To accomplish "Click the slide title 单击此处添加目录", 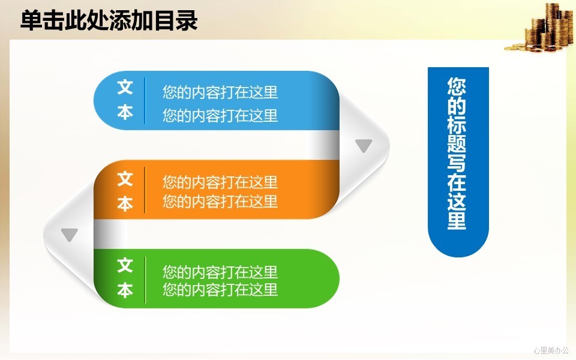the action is click(109, 20).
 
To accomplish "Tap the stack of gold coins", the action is click(540, 28).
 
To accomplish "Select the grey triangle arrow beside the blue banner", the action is click(364, 145).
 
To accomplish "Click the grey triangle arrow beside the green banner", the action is click(70, 235).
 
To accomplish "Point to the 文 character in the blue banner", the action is click(125, 88).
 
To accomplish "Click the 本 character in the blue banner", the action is click(125, 112).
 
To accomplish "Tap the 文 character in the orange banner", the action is click(125, 179).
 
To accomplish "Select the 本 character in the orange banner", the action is click(125, 203).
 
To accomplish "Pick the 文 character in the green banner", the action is click(125, 265).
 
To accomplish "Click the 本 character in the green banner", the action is click(125, 290).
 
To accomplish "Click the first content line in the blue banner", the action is click(220, 92).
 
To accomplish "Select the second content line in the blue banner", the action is click(220, 115).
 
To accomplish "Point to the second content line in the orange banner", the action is click(220, 202).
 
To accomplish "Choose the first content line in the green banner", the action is click(220, 272).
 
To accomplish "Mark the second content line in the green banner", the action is click(220, 289).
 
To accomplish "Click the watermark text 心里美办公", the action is click(551, 350).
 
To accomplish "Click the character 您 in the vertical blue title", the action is click(457, 86).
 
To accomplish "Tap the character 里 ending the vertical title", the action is click(457, 220).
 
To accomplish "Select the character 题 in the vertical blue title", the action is click(457, 143).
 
